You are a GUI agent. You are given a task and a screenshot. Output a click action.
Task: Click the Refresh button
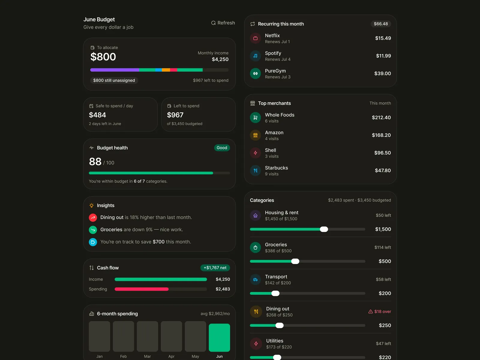(x=223, y=23)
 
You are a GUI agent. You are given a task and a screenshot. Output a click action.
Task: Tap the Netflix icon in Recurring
(x=255, y=38)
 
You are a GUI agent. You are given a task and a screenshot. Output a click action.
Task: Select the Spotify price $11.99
(x=383, y=56)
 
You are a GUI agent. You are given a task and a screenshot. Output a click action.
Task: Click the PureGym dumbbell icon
(x=255, y=74)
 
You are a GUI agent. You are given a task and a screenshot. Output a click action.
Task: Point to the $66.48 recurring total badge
(x=381, y=24)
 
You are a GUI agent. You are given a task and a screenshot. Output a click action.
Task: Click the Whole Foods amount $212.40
(x=381, y=118)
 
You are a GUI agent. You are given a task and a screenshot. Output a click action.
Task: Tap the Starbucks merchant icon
(x=255, y=170)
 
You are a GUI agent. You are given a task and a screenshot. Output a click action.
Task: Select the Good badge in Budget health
(x=222, y=148)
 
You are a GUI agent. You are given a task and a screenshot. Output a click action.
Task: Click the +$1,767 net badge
(x=215, y=268)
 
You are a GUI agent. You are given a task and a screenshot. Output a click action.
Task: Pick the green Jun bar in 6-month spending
(x=219, y=337)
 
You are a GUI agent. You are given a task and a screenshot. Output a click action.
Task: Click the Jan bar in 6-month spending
(x=99, y=336)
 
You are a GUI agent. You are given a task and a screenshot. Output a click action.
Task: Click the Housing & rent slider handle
(x=324, y=229)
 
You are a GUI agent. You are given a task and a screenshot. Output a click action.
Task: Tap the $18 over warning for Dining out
(x=379, y=311)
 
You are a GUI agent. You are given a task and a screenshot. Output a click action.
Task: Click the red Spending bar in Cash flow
(x=142, y=289)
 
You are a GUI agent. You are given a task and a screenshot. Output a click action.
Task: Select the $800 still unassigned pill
(x=114, y=80)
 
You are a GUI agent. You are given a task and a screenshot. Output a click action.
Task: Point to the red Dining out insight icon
(x=93, y=217)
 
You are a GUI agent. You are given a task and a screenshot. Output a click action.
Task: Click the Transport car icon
(x=255, y=280)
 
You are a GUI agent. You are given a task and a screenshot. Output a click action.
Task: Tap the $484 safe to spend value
(x=97, y=115)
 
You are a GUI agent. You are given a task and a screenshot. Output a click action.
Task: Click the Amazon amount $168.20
(x=381, y=135)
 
